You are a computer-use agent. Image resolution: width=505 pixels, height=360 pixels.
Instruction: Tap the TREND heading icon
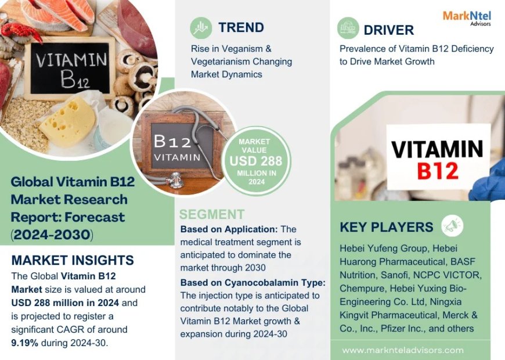coord(201,27)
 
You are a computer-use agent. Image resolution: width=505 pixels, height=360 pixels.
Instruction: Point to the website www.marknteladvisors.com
coord(403,350)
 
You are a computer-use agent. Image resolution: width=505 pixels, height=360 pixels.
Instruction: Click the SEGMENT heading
coord(212,214)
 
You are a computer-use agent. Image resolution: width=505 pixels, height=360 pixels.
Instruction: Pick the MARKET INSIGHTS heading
coord(73,260)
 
